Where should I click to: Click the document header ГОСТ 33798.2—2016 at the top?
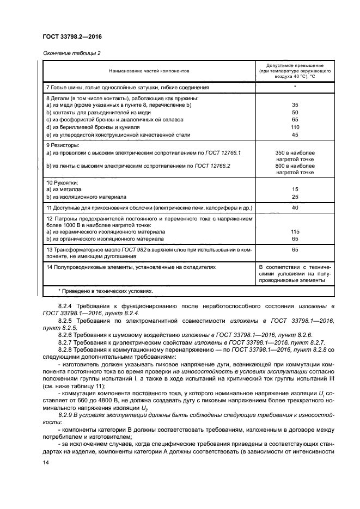click(x=72, y=37)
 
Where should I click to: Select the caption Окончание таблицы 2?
click(x=71, y=53)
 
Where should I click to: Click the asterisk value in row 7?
click(x=295, y=87)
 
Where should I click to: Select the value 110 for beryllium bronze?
click(x=295, y=127)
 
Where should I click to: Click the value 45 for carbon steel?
click(x=295, y=134)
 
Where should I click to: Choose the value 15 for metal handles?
click(x=295, y=189)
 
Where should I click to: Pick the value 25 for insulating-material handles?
click(x=295, y=197)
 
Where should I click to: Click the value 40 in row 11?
click(x=295, y=207)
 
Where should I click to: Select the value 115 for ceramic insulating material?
click(x=295, y=231)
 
